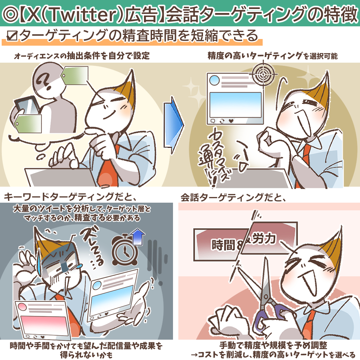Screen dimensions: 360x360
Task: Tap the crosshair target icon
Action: coord(263,74)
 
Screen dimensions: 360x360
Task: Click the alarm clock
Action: coord(124,249)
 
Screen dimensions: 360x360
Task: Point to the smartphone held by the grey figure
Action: coord(27,106)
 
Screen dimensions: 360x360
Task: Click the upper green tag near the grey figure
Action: coord(75,76)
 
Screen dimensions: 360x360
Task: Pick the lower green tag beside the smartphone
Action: coord(28,124)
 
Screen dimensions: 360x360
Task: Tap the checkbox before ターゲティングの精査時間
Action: coord(12,36)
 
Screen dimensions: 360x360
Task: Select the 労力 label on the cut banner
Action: coord(264,239)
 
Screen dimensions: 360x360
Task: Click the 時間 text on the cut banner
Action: coord(223,245)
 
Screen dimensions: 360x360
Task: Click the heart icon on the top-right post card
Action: coord(231,121)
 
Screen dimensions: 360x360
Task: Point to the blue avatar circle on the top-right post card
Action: coord(214,80)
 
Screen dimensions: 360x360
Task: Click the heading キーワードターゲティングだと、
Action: coord(70,197)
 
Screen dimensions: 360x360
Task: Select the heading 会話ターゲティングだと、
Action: coord(233,197)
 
